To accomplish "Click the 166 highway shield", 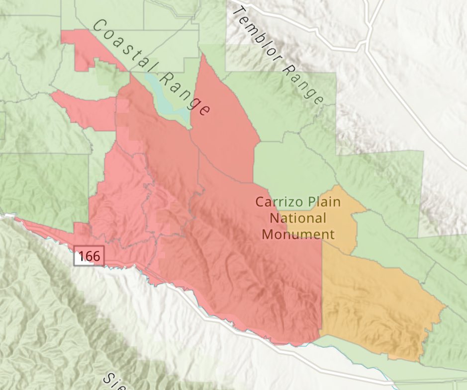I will click(90, 256).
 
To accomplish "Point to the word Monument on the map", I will click(298, 234).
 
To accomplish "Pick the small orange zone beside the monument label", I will click(343, 219).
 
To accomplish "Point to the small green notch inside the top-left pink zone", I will click(107, 75).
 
